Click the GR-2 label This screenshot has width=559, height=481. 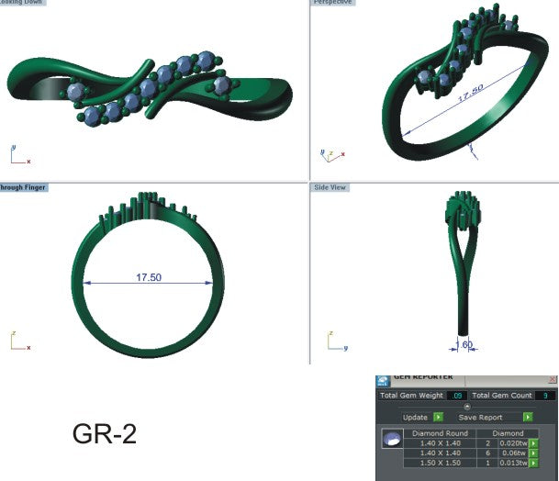(x=105, y=434)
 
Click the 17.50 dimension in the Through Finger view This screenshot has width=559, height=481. (x=149, y=276)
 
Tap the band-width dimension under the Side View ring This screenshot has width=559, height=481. (x=464, y=345)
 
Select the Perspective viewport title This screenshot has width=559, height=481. (x=332, y=3)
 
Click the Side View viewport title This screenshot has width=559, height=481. (x=330, y=187)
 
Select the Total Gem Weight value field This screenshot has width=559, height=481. (x=457, y=396)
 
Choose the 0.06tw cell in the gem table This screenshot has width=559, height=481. (x=513, y=453)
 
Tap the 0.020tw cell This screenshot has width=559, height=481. (x=513, y=442)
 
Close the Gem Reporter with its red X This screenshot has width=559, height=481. (x=553, y=378)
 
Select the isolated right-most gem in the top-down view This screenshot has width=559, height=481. (x=221, y=85)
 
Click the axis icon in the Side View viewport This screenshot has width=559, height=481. (x=334, y=342)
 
